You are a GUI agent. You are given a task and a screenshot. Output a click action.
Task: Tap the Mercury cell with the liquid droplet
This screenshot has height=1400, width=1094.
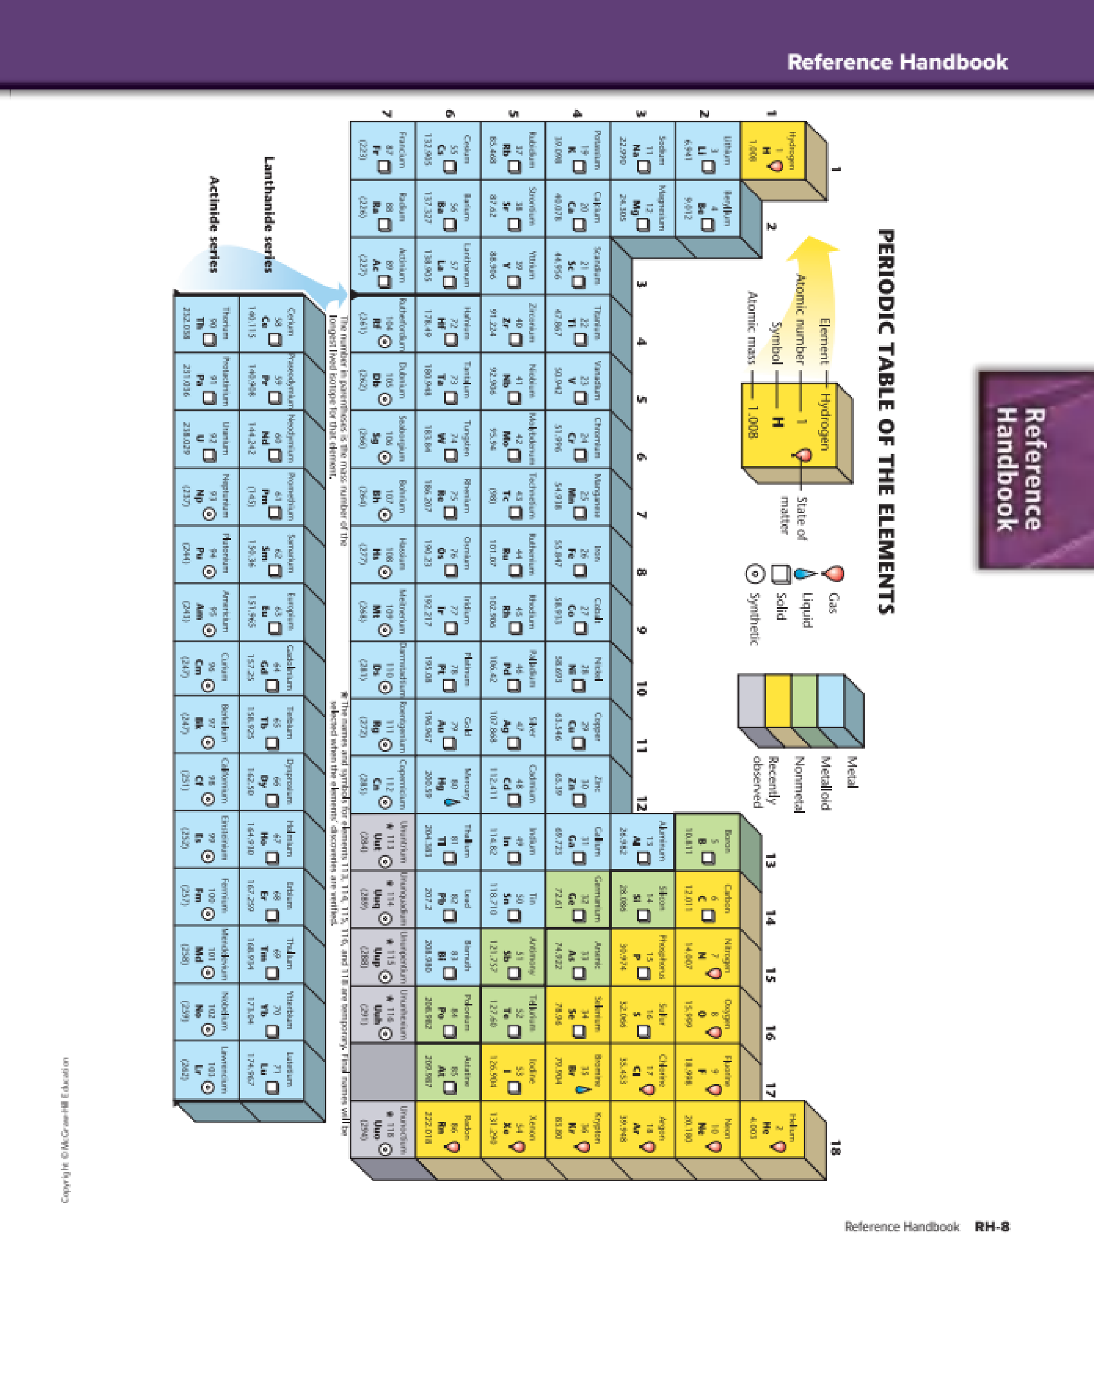[448, 783]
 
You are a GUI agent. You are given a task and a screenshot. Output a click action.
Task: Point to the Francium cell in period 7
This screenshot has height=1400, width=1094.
[383, 151]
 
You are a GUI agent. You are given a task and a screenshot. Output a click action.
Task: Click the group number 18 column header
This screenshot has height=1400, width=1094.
[835, 1147]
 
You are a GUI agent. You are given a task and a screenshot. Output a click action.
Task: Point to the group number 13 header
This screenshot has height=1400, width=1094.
[770, 861]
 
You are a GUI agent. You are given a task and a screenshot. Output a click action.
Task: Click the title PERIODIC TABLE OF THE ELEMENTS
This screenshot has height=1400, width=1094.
[887, 422]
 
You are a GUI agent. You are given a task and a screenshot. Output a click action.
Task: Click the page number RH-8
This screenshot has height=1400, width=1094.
[992, 1227]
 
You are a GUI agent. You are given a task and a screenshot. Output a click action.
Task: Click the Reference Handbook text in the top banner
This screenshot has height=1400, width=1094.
[897, 62]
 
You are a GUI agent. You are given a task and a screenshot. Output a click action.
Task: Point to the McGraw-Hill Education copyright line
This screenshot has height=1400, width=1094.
[65, 1130]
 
